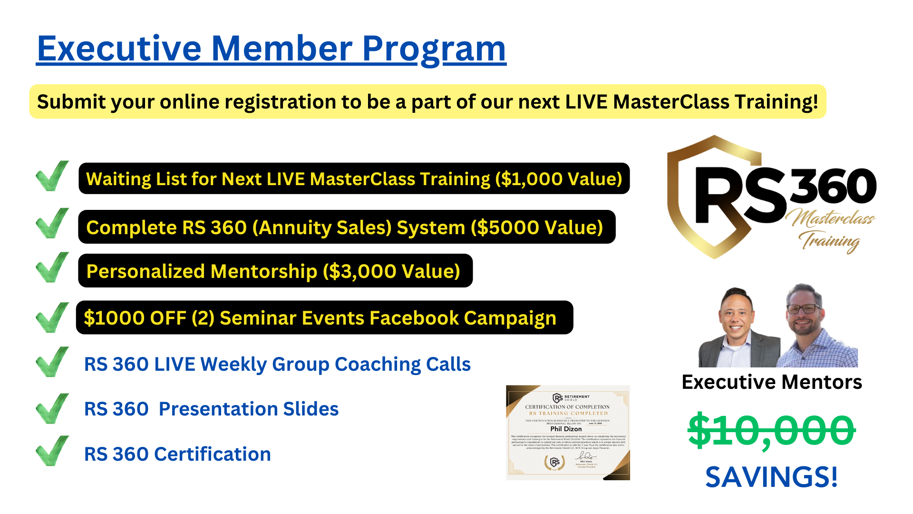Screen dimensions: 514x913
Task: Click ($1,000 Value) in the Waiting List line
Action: pos(559,179)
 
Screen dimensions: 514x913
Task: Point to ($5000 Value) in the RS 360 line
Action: pos(537,227)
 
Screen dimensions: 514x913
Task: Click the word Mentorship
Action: pos(263,271)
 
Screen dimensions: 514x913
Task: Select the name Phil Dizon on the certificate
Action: pos(566,429)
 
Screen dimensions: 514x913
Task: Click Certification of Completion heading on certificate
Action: pos(567,407)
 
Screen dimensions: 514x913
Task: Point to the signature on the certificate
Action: pos(585,456)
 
